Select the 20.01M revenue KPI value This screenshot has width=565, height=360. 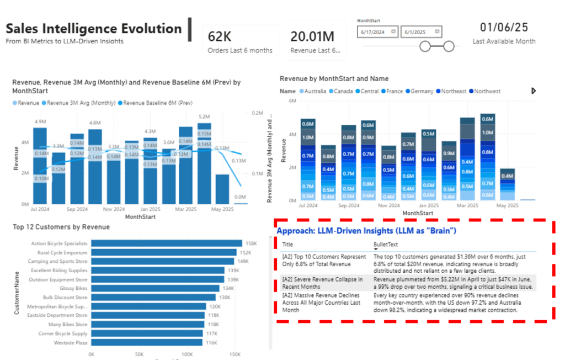click(312, 36)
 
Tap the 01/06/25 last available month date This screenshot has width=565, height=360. click(504, 27)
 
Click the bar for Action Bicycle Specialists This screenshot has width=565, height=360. click(166, 243)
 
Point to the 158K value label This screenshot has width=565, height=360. click(252, 243)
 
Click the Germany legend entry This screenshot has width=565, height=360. click(422, 91)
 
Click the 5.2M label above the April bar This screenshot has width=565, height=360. click(204, 117)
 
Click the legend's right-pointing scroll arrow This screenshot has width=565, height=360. click(534, 91)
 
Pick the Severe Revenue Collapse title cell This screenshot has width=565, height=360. click(323, 283)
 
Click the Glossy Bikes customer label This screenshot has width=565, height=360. click(73, 288)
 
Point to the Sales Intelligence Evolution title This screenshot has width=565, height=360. click(94, 29)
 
